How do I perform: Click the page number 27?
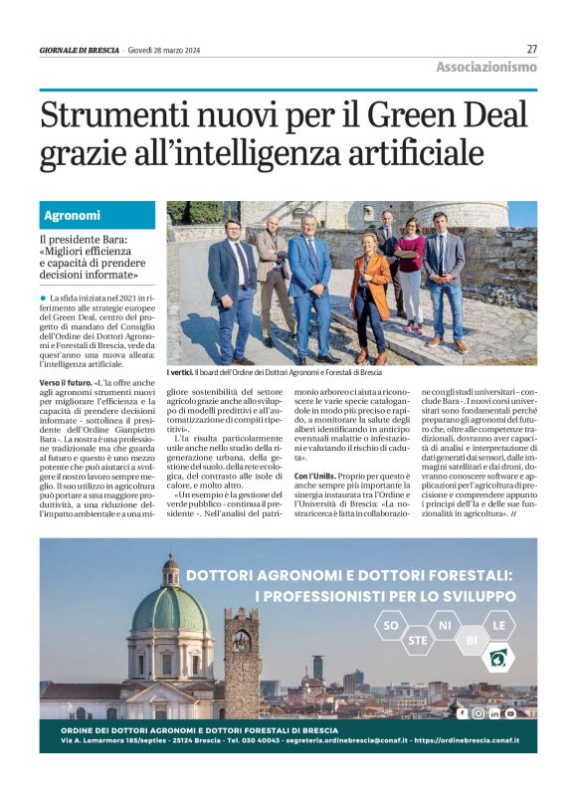(531, 49)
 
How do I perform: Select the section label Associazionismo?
(485, 67)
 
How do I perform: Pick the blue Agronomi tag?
(72, 215)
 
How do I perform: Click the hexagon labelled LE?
(498, 626)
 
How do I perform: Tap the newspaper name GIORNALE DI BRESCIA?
(80, 50)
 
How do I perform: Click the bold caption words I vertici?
(182, 372)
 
